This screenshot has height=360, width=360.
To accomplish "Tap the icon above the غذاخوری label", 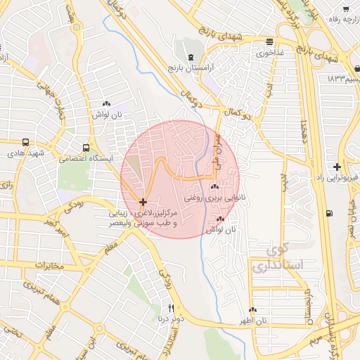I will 271,41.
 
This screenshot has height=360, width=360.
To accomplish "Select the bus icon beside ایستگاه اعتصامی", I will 86,148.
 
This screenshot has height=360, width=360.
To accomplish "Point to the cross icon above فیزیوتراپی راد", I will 337,167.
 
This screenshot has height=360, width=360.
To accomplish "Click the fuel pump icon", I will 329,213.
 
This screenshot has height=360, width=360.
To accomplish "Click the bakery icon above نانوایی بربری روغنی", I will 214,187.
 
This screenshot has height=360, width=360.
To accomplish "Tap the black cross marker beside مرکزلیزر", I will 143,202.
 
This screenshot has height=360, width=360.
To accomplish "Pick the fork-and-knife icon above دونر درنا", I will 171,308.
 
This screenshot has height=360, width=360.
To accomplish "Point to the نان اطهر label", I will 252,321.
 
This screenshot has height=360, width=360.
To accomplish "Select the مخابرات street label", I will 49,265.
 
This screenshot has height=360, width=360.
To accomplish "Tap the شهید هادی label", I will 25,153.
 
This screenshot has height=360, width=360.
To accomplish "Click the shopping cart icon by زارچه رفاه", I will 345,8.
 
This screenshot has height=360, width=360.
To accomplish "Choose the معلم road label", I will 111,247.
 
